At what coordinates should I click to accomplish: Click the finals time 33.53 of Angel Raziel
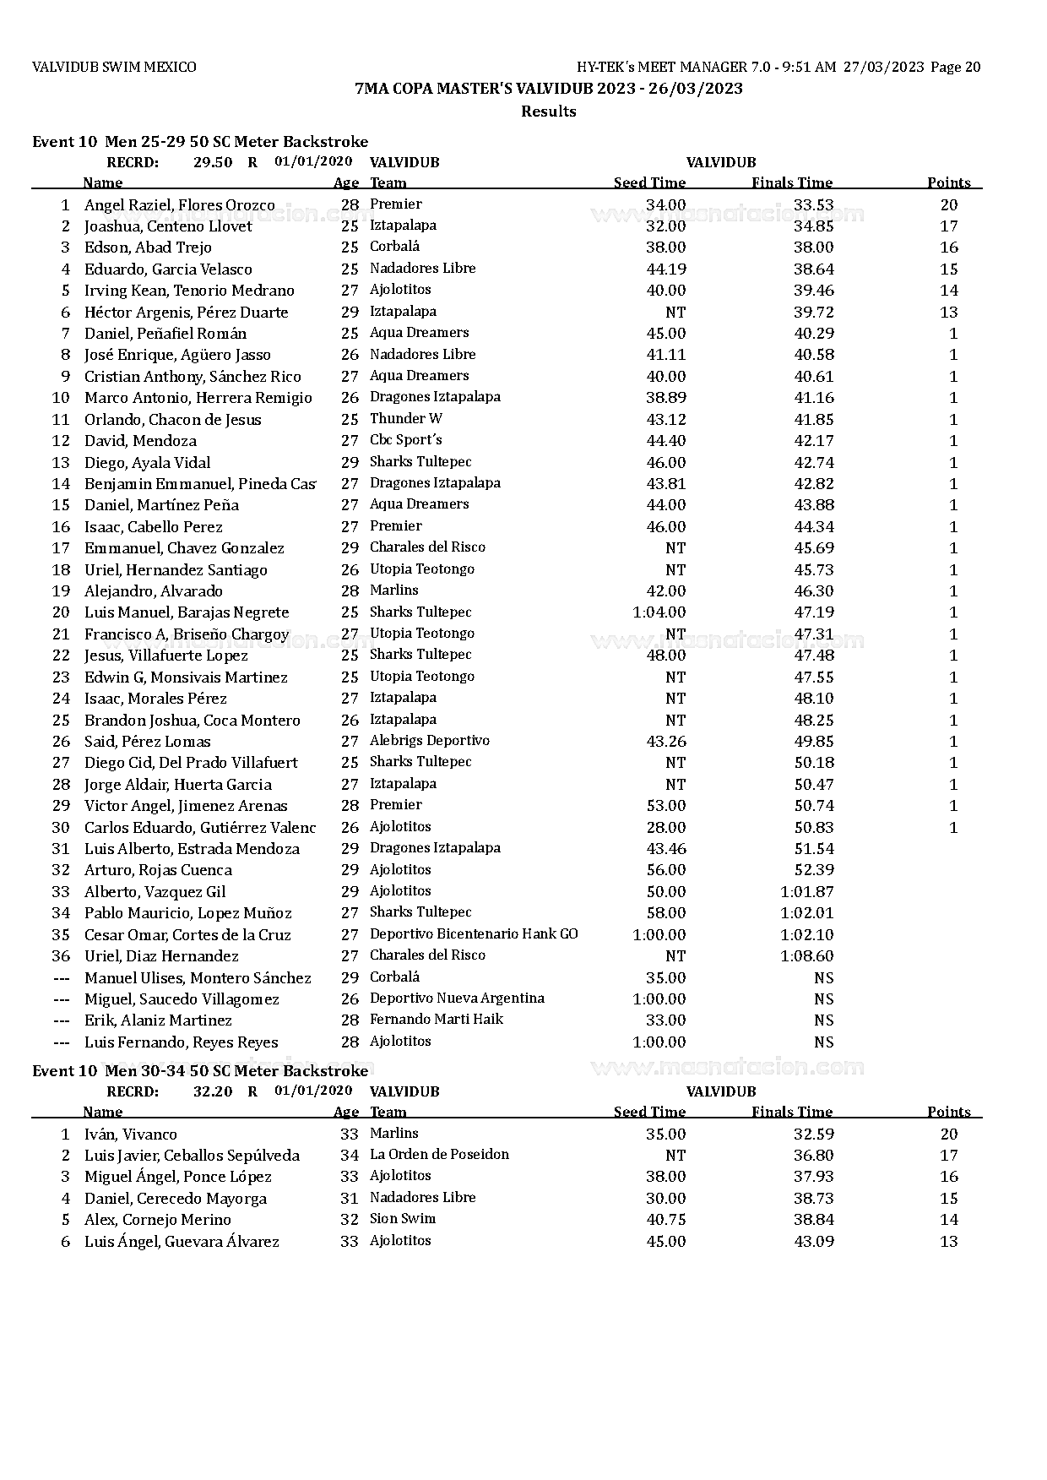(x=813, y=204)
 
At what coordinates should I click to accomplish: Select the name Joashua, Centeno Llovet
(x=168, y=226)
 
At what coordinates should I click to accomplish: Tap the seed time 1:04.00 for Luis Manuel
(x=659, y=612)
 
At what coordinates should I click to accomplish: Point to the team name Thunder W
(x=405, y=419)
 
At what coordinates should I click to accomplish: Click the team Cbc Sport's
(x=405, y=440)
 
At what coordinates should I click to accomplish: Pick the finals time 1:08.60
(x=806, y=956)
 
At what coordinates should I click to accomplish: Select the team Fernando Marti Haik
(x=436, y=1020)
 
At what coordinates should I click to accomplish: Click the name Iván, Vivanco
(x=130, y=1134)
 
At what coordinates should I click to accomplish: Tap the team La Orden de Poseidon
(x=439, y=1155)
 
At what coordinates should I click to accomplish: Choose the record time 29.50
(x=213, y=162)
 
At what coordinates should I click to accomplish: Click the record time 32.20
(x=213, y=1091)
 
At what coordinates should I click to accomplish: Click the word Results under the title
(x=548, y=112)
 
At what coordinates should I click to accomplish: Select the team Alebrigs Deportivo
(x=429, y=741)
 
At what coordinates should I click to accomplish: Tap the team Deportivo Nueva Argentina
(x=457, y=998)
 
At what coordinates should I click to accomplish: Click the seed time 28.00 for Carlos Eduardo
(x=665, y=828)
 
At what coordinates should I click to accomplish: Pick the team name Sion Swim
(x=403, y=1219)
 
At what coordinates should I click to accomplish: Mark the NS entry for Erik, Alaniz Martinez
(x=823, y=1020)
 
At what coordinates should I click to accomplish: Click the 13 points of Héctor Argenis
(x=948, y=313)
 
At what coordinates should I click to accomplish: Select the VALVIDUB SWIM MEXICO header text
(x=114, y=68)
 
